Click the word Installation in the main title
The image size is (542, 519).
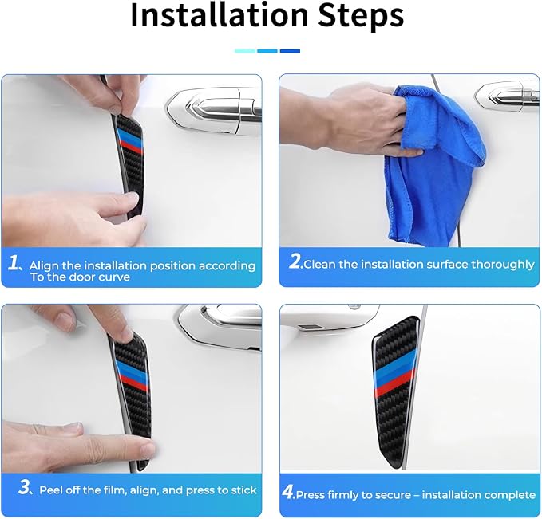(220, 14)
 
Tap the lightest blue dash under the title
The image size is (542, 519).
(245, 51)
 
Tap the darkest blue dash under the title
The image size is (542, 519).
(290, 51)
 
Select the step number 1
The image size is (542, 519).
(14, 263)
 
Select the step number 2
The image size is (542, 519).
(295, 261)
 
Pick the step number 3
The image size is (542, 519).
(25, 488)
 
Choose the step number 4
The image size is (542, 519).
(287, 492)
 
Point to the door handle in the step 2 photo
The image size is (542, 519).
(508, 96)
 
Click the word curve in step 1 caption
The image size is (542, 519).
(114, 277)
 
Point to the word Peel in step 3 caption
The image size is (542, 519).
(50, 490)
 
